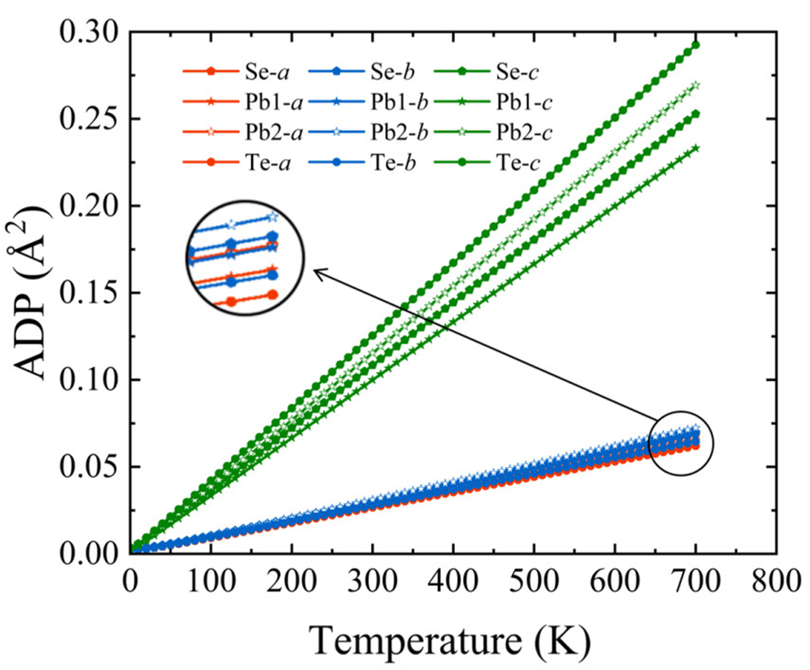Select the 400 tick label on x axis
(x=453, y=582)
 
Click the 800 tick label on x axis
(x=775, y=582)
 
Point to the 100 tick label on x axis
(x=211, y=582)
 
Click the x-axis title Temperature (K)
(x=450, y=640)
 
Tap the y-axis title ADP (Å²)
(x=32, y=293)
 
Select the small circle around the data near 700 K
(x=681, y=443)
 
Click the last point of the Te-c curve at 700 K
(x=695, y=45)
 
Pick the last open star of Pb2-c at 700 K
(x=695, y=86)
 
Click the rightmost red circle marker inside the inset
(x=272, y=295)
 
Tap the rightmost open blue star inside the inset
(x=273, y=216)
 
